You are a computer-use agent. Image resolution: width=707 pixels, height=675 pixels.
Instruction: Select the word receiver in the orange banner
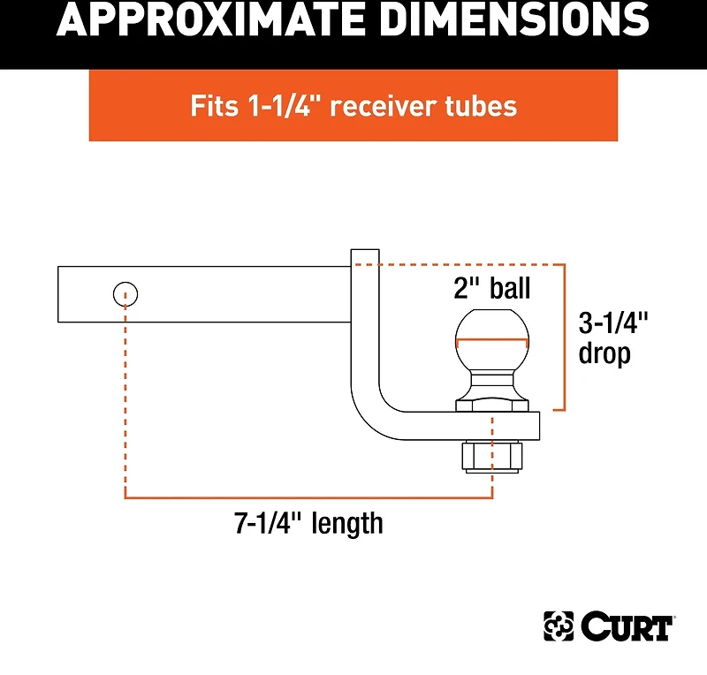(x=384, y=106)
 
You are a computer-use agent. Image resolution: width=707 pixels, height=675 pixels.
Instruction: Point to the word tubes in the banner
(x=481, y=106)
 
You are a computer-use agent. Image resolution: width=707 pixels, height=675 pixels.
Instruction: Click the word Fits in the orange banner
(x=214, y=106)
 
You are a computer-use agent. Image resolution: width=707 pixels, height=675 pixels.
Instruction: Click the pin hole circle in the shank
(x=125, y=294)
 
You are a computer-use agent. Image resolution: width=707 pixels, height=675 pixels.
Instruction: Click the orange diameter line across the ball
(x=492, y=339)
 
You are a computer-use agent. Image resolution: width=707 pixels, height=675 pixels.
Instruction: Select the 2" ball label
(x=491, y=288)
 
